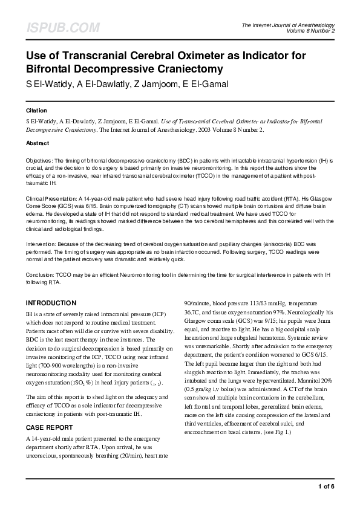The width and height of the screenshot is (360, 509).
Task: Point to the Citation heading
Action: [x=36, y=111]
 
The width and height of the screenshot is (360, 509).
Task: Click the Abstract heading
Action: [x=38, y=143]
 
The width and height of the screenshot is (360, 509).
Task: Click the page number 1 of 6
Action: [x=326, y=487]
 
